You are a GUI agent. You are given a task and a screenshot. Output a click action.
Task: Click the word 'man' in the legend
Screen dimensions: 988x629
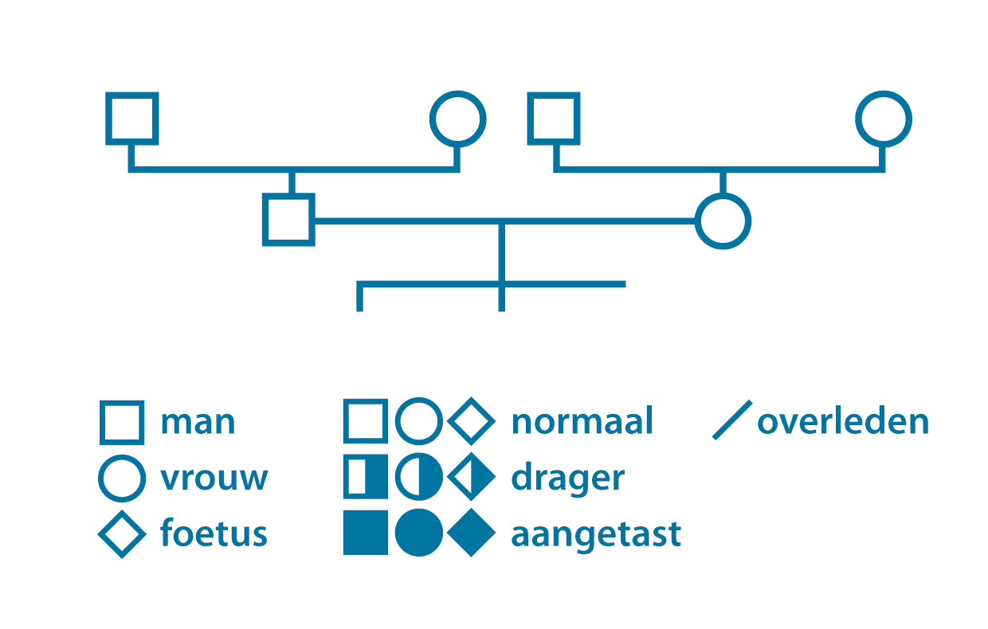point(198,423)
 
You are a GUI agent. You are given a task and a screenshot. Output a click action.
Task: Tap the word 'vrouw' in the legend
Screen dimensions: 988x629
point(214,479)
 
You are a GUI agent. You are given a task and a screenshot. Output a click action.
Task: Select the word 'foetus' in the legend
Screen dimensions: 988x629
point(214,533)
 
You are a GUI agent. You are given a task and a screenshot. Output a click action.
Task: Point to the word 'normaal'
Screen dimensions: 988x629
point(582,421)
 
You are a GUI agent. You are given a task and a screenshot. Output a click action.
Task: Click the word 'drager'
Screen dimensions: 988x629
point(568,480)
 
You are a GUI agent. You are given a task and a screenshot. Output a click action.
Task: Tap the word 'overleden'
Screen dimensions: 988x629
point(843,421)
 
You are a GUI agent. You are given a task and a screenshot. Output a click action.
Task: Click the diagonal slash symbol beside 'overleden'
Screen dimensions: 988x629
point(732,420)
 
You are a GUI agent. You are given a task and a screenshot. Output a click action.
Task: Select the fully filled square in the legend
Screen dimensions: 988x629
point(366,533)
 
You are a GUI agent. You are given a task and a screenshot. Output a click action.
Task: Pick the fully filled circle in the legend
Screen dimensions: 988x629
point(419,533)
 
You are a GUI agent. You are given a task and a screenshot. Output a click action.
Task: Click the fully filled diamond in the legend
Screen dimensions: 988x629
point(472,533)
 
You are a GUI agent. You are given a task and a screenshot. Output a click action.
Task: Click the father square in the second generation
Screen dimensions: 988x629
point(265,220)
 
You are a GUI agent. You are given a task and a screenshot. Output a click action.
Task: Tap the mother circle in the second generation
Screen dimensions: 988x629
point(698,221)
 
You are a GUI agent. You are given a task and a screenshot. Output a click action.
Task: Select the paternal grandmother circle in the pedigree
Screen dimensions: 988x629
point(433,119)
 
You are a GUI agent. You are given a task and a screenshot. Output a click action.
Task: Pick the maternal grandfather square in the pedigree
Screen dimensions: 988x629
point(530,119)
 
